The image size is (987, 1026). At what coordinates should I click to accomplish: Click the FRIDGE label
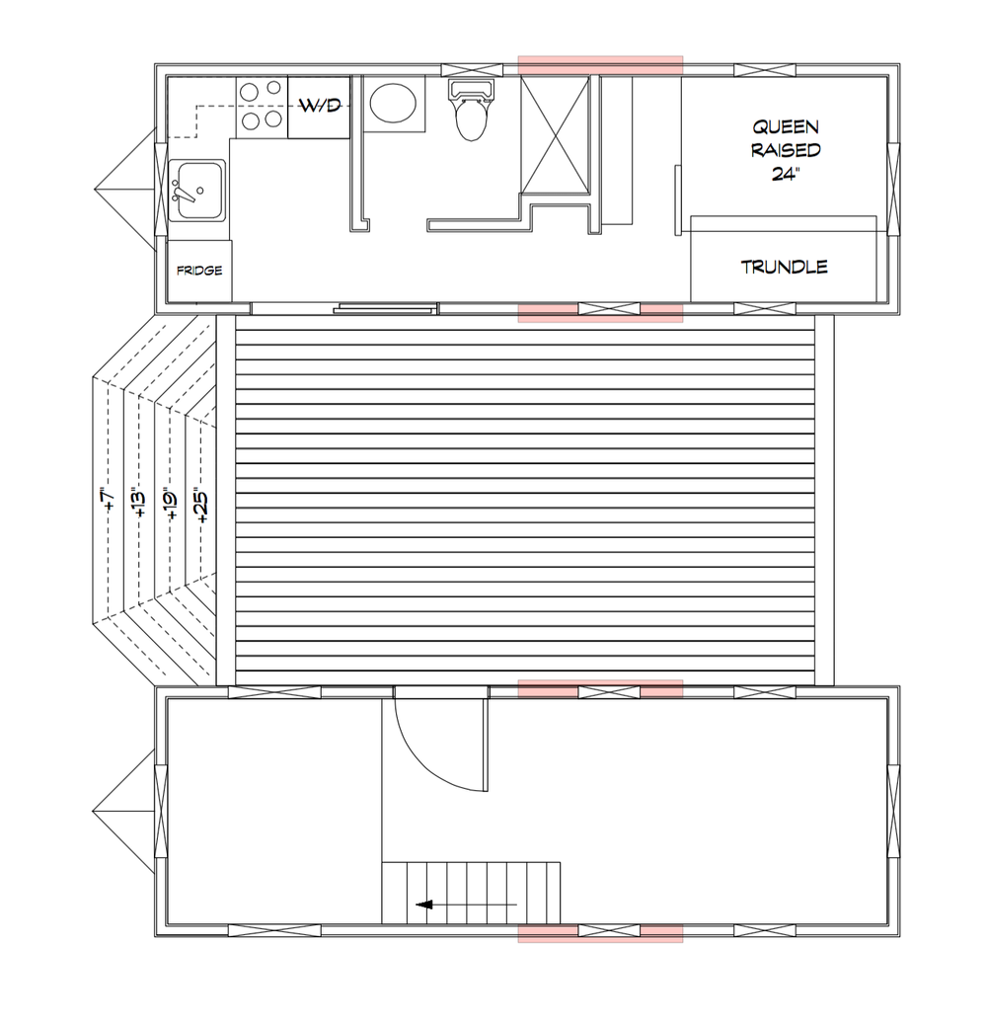pyautogui.click(x=199, y=271)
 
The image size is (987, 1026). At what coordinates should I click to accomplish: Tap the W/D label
pyautogui.click(x=320, y=106)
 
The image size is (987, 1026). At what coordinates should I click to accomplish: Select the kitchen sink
pyautogui.click(x=197, y=191)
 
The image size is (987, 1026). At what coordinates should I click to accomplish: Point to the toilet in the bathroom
pyautogui.click(x=470, y=111)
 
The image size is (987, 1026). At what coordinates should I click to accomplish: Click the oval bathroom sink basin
pyautogui.click(x=393, y=104)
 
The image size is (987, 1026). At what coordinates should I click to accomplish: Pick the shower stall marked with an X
pyautogui.click(x=556, y=134)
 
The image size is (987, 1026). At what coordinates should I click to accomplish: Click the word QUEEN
pyautogui.click(x=786, y=126)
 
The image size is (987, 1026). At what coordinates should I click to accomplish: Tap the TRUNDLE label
pyautogui.click(x=785, y=267)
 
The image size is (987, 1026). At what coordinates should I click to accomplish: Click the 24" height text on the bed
pyautogui.click(x=786, y=174)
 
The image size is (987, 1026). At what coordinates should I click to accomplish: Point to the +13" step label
pyautogui.click(x=139, y=503)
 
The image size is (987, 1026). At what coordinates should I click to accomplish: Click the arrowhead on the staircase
pyautogui.click(x=424, y=905)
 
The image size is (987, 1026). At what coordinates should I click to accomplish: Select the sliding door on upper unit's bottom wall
pyautogui.click(x=385, y=307)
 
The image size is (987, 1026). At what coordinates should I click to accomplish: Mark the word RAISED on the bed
pyautogui.click(x=786, y=150)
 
